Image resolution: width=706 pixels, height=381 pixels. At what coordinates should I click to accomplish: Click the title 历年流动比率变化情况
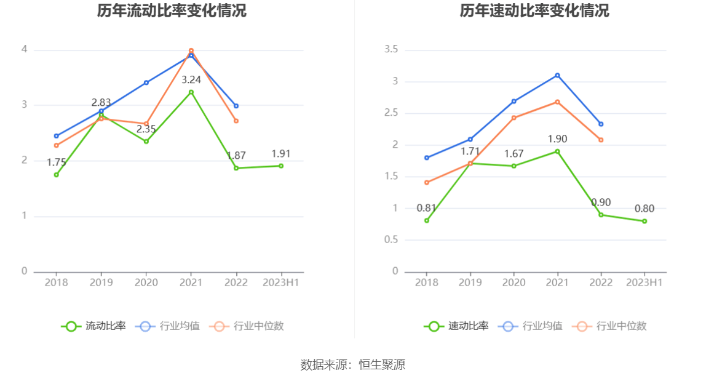172,11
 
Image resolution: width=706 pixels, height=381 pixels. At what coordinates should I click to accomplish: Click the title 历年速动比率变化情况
534,11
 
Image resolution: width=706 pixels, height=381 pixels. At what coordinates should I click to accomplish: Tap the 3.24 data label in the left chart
191,79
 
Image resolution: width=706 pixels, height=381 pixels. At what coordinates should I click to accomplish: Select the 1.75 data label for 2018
57,162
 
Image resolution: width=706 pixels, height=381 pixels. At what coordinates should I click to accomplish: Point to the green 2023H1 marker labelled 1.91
281,166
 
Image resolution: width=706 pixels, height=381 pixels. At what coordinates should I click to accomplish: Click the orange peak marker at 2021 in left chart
191,50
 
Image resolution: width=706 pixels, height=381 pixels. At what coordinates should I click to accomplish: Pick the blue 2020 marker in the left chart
146,82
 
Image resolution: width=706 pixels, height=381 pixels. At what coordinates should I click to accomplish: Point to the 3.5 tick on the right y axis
391,49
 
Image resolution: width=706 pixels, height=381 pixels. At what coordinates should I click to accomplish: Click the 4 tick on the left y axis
25,49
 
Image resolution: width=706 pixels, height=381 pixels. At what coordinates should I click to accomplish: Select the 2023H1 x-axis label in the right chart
645,283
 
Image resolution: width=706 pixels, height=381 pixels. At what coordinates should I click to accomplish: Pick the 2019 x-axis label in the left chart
101,283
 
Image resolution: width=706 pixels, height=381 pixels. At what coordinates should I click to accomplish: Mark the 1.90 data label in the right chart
557,139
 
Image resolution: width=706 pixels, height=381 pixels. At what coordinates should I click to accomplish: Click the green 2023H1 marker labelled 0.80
645,221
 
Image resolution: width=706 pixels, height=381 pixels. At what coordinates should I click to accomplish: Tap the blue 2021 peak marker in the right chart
557,75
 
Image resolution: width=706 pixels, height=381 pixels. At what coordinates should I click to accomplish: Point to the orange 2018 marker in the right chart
427,182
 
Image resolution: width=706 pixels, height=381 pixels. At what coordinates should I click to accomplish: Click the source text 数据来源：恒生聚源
353,364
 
